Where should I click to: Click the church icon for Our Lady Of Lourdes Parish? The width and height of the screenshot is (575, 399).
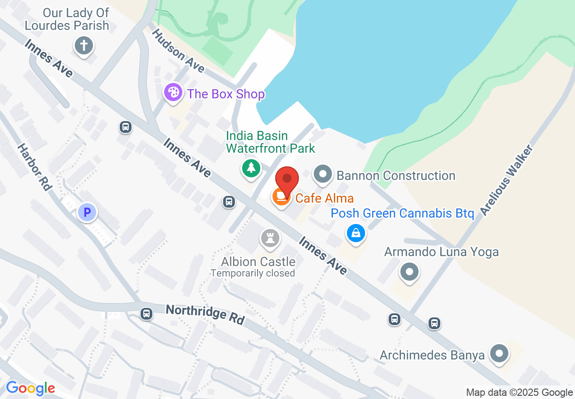[83, 46]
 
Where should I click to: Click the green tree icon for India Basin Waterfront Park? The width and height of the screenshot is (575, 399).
[251, 168]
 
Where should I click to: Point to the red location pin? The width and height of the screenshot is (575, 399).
[287, 180]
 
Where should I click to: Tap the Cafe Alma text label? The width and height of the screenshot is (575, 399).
[324, 198]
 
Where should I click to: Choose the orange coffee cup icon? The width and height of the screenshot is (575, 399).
[281, 196]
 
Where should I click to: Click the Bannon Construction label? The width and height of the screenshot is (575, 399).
[396, 175]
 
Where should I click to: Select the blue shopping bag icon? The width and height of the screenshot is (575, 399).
[356, 234]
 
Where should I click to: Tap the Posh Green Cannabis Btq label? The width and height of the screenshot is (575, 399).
[402, 213]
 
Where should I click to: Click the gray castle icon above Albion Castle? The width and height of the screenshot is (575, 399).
[271, 238]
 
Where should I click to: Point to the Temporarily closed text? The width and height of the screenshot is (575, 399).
[253, 273]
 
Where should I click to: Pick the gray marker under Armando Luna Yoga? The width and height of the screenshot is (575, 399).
[409, 272]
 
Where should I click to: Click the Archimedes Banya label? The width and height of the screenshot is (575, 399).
[432, 355]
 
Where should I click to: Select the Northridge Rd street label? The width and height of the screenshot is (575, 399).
[205, 314]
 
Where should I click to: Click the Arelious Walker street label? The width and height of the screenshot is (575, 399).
[507, 180]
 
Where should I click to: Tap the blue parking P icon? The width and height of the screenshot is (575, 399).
[87, 212]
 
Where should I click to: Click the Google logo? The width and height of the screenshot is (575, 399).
[30, 389]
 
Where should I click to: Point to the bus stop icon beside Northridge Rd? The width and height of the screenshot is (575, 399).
[146, 314]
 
